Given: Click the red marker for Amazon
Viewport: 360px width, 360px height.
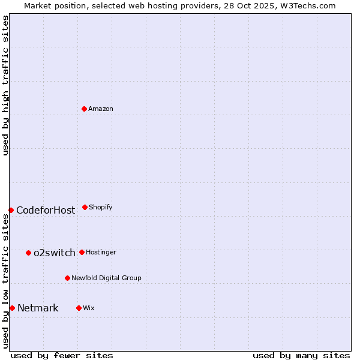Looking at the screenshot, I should (84, 109).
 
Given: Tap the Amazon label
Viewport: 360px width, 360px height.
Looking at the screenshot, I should (100, 109).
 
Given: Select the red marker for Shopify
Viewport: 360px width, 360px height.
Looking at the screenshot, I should (85, 207).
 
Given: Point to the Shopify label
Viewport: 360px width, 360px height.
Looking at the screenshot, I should (100, 207).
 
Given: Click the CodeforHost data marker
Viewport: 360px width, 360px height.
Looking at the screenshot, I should (11, 210).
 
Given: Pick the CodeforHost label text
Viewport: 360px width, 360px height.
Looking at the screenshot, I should (46, 210).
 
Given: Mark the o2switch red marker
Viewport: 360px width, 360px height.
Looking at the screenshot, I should (28, 253).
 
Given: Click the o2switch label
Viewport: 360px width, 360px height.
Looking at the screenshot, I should (55, 253).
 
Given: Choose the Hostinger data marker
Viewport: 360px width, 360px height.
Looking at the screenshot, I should (82, 252).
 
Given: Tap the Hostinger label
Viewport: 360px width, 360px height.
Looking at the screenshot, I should (101, 252).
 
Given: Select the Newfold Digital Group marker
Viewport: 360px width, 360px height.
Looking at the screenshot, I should (67, 278).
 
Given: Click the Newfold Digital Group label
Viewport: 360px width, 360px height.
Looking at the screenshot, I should (106, 278).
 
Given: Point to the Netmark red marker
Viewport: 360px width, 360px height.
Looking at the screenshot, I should (12, 308).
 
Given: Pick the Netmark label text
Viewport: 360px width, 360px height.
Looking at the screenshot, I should (38, 308).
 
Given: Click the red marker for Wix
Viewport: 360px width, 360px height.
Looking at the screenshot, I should (79, 308).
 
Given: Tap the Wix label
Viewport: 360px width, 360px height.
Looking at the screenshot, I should (89, 308).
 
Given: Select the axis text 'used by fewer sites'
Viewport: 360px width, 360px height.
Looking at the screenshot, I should (62, 355).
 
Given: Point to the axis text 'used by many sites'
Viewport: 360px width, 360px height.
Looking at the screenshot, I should (301, 355).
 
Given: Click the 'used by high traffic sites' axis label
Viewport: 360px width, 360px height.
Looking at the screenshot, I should (5, 85).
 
